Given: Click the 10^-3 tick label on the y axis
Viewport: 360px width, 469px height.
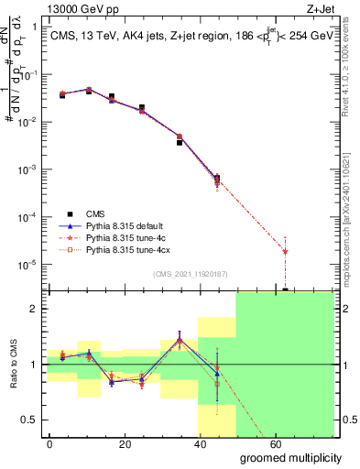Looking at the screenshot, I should pyautogui.click(x=28, y=170).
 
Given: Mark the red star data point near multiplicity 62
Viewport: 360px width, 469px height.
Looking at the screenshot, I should pyautogui.click(x=286, y=251).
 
